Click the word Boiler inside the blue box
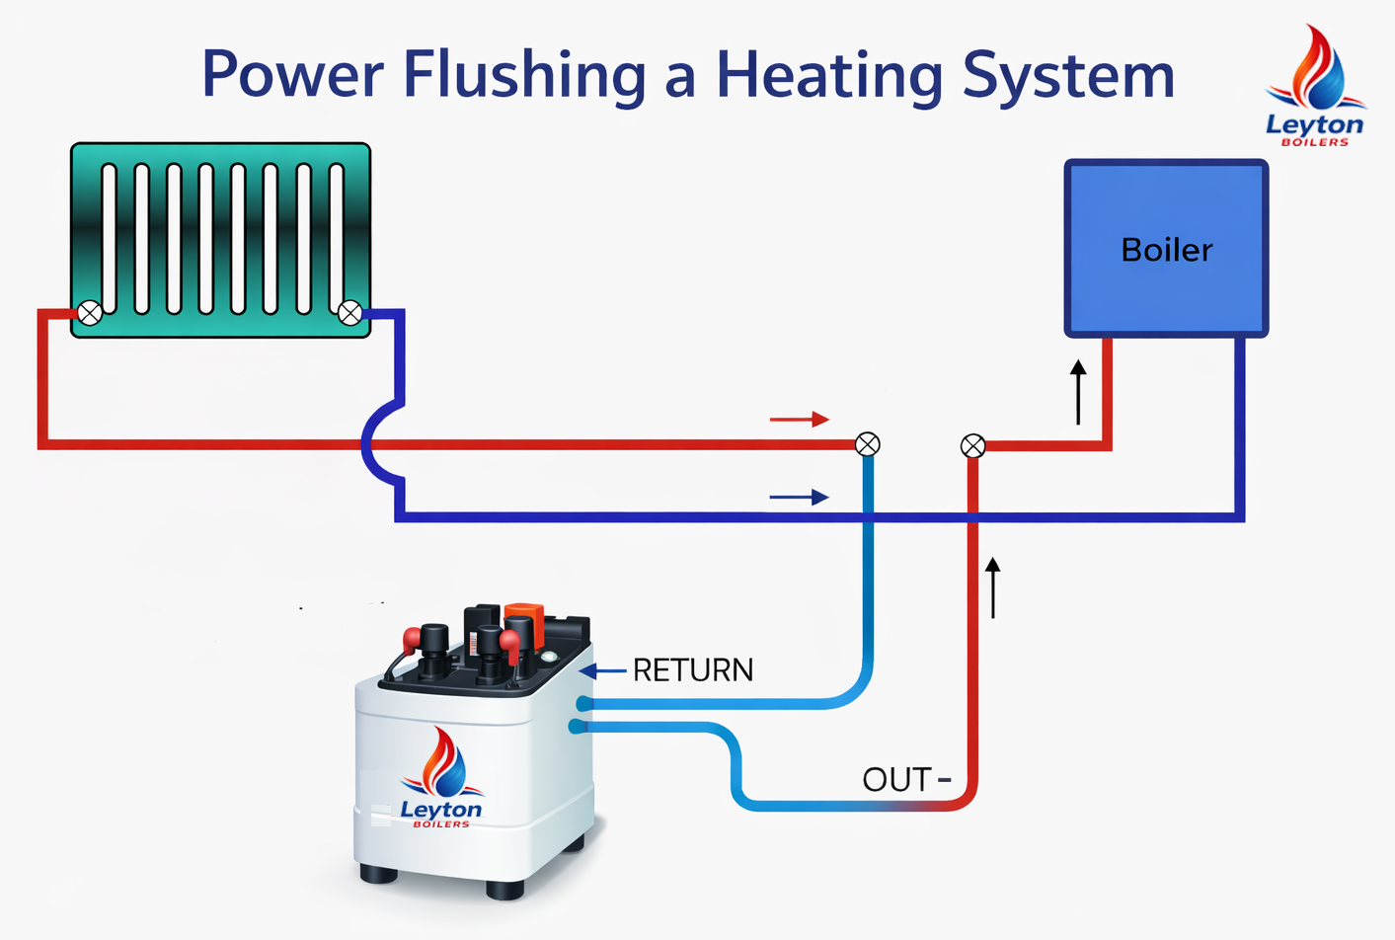[x=1166, y=250]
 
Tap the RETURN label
[x=692, y=670]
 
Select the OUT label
[x=896, y=779]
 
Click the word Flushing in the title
[x=524, y=76]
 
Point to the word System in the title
[x=1068, y=76]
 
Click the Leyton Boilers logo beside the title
[x=1315, y=89]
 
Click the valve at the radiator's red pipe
[x=90, y=313]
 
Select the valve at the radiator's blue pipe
[x=349, y=313]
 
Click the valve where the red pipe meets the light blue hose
[x=867, y=444]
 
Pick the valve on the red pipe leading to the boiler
[x=972, y=446]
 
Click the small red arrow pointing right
[x=800, y=420]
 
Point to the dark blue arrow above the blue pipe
[x=800, y=498]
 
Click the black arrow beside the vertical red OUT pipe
[x=993, y=587]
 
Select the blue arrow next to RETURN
[x=602, y=671]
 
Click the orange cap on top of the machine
[x=524, y=621]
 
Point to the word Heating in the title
[x=829, y=76]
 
